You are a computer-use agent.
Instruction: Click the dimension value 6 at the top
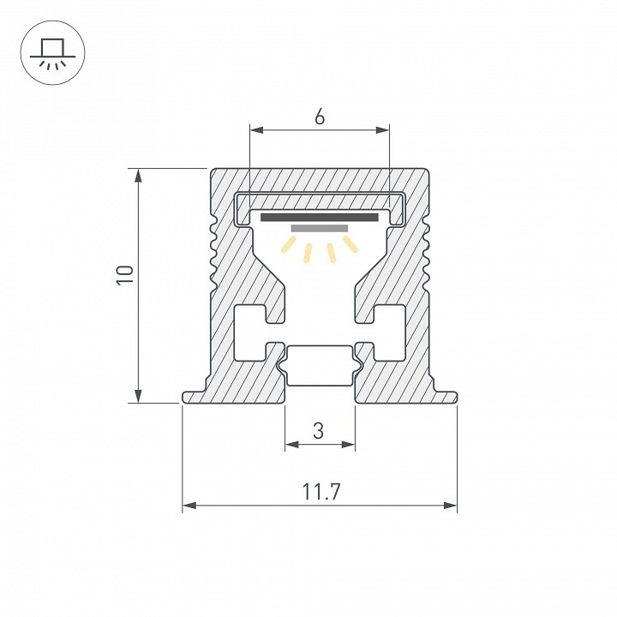(x=319, y=118)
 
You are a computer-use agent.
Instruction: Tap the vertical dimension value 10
(x=125, y=275)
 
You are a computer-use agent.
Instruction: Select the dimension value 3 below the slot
(x=319, y=431)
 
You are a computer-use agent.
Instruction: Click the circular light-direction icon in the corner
(x=51, y=51)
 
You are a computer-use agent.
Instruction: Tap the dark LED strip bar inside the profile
(x=319, y=218)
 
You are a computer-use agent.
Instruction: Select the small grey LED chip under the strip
(x=319, y=229)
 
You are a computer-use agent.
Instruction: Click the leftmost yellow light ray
(x=288, y=247)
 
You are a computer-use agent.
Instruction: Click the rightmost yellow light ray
(x=350, y=246)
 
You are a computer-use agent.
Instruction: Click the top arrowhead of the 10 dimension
(x=136, y=175)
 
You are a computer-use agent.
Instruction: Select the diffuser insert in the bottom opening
(x=319, y=366)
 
